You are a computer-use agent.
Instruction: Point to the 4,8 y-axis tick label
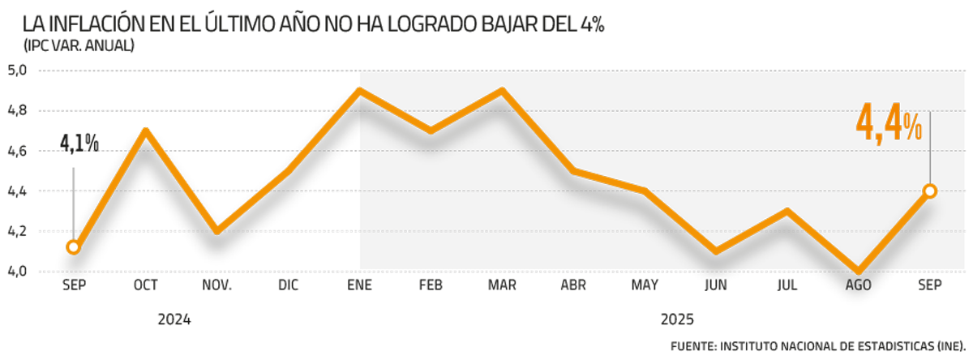(17, 110)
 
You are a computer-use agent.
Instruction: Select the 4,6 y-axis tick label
(17, 151)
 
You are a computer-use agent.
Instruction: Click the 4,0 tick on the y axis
(17, 272)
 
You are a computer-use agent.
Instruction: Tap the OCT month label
(145, 286)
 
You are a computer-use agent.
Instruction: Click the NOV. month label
(216, 286)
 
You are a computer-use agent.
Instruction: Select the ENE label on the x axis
(358, 286)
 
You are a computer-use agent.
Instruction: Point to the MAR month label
(501, 286)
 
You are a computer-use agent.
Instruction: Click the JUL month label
(787, 286)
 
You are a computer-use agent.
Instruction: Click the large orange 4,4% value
(889, 128)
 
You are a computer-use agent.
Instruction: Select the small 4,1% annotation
(79, 144)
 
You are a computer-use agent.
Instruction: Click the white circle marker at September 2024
(74, 247)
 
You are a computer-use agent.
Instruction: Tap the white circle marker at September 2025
(930, 191)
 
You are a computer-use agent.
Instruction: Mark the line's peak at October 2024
(145, 130)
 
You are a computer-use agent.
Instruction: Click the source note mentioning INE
(818, 346)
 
